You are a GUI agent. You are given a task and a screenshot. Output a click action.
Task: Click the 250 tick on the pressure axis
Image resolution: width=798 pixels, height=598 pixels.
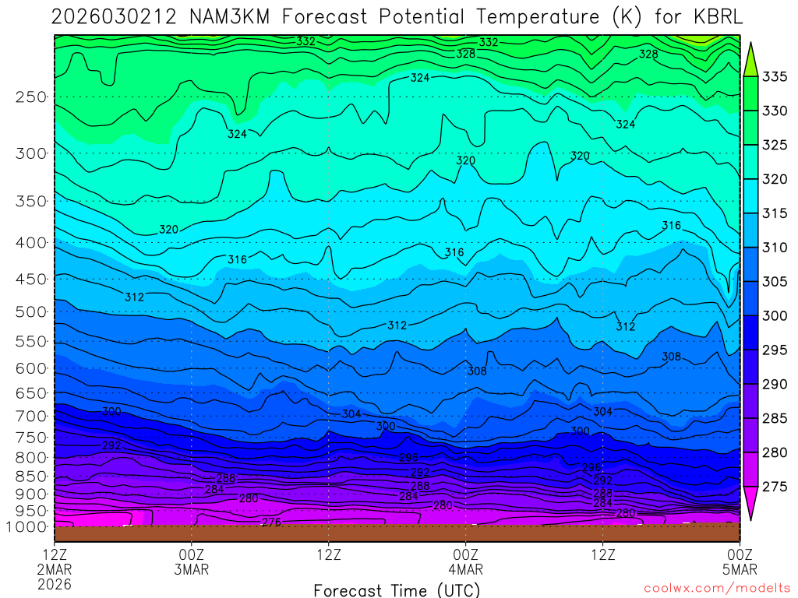pyautogui.click(x=31, y=97)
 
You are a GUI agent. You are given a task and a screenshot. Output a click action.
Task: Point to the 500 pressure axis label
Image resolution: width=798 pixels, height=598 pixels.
pyautogui.click(x=31, y=312)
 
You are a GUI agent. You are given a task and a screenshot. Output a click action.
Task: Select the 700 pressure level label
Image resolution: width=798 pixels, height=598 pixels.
pyautogui.click(x=31, y=417)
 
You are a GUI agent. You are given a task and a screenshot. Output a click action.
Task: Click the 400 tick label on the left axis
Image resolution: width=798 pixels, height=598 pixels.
pyautogui.click(x=31, y=243)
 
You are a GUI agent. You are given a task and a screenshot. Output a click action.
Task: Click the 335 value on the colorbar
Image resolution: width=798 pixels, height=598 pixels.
pyautogui.click(x=775, y=77)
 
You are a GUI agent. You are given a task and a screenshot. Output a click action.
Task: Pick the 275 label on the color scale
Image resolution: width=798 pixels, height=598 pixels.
pyautogui.click(x=775, y=487)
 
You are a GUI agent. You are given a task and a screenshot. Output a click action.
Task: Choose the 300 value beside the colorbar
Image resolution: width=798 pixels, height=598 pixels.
pyautogui.click(x=775, y=316)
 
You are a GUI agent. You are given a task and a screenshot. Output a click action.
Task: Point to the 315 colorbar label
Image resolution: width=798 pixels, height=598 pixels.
pyautogui.click(x=775, y=213)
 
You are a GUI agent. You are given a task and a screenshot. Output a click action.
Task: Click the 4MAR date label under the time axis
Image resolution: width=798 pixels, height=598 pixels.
pyautogui.click(x=466, y=569)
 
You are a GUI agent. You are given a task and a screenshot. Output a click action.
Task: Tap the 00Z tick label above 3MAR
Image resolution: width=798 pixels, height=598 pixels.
pyautogui.click(x=192, y=555)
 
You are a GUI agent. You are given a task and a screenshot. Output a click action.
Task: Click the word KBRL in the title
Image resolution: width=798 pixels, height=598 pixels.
pyautogui.click(x=714, y=17)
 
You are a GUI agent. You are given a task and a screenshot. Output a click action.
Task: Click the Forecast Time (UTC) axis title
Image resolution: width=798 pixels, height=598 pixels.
pyautogui.click(x=397, y=590)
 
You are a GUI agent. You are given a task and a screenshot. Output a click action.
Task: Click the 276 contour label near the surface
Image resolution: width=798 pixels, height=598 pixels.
pyautogui.click(x=271, y=522)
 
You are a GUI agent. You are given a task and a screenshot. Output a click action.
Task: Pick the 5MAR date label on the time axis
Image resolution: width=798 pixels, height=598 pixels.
pyautogui.click(x=740, y=569)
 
